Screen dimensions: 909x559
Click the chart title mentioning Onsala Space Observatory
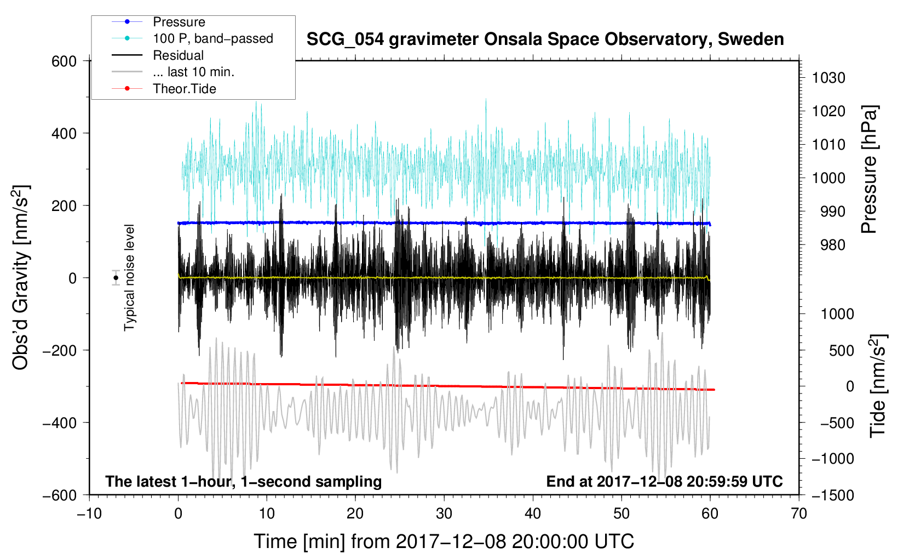pos(545,39)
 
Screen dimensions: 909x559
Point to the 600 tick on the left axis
pos(64,61)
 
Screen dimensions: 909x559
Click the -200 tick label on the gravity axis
pos(60,350)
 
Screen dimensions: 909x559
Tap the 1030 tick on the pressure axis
pos(829,78)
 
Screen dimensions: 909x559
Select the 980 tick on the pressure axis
pos(833,245)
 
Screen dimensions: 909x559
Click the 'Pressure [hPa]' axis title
pos(869,169)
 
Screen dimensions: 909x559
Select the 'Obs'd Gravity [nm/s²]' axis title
pos(20,277)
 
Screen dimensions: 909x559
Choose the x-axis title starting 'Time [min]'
pos(444,541)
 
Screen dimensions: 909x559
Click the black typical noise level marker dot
pos(116,278)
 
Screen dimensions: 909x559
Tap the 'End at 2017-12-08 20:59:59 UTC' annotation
pos(664,481)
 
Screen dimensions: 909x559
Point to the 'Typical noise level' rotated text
pos(129,278)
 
